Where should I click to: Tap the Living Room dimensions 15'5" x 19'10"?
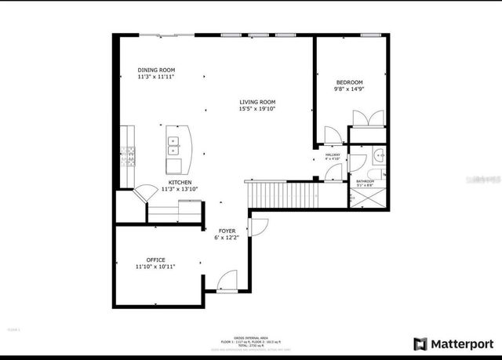257,109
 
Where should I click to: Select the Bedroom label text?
350,82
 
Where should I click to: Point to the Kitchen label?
180,182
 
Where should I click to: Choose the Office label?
155,260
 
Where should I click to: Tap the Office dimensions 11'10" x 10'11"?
155,267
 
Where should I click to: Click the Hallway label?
333,155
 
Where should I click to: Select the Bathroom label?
365,181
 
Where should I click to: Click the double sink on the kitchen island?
173,144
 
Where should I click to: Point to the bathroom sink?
377,154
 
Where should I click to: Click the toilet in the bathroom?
374,173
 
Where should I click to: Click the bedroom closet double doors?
367,118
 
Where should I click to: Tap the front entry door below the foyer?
227,280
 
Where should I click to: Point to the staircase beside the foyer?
282,192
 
